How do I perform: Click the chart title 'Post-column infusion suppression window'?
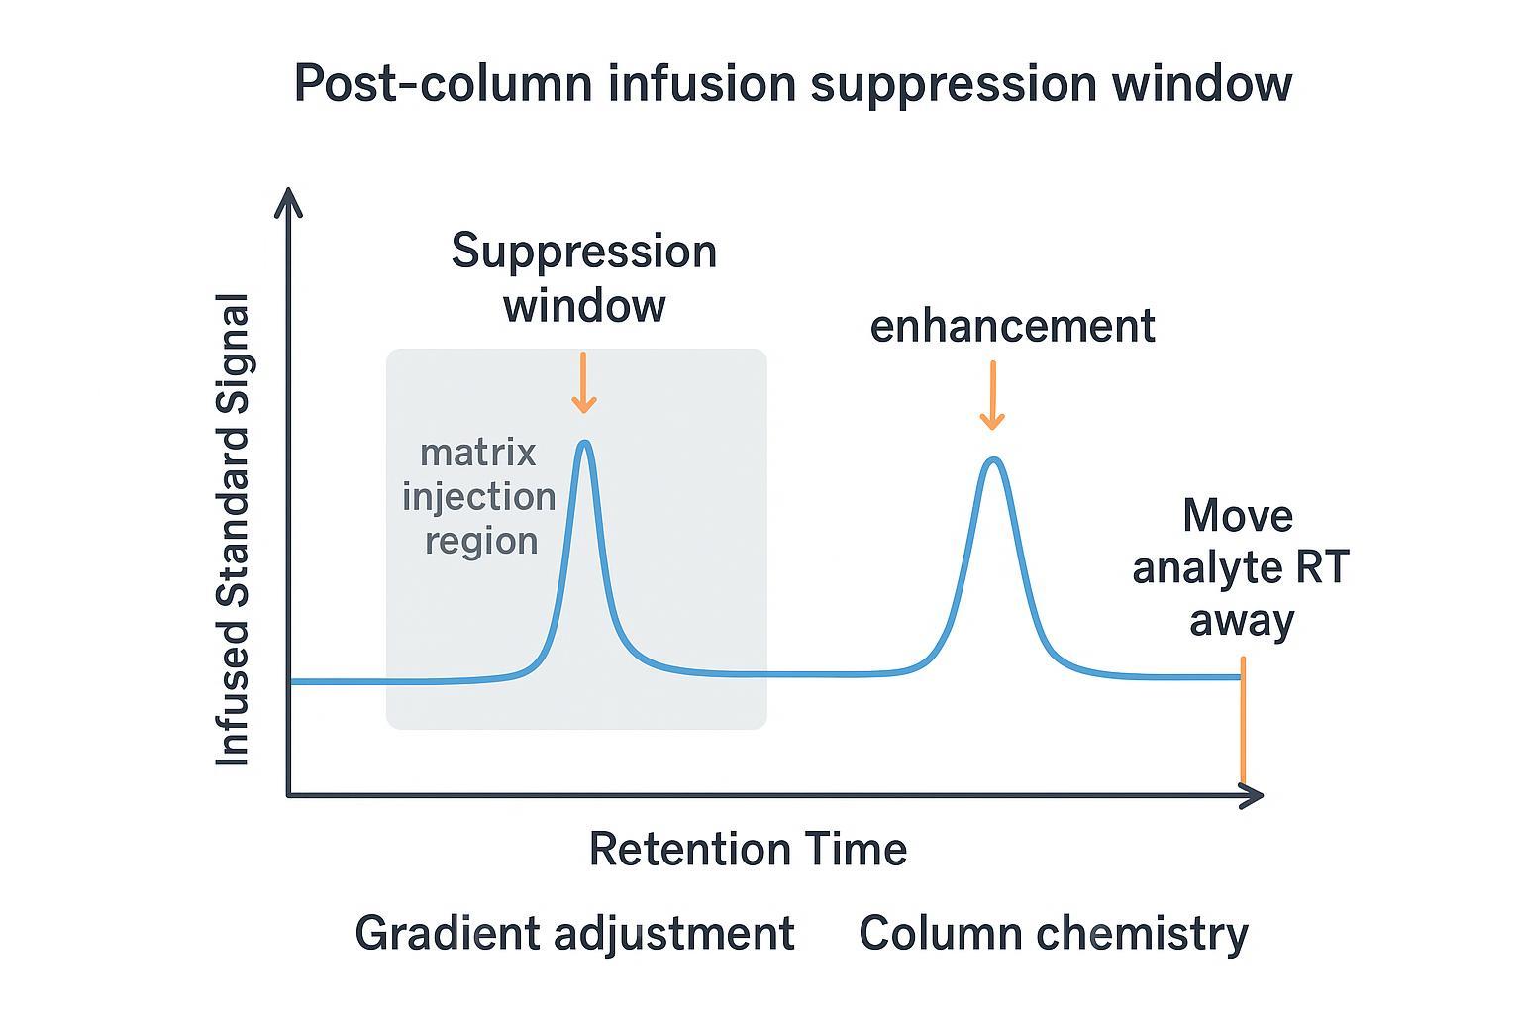point(792,83)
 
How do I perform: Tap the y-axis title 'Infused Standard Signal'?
point(234,530)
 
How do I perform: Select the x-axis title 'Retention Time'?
point(748,850)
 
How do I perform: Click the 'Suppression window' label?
point(584,278)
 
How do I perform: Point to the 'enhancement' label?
point(1012,326)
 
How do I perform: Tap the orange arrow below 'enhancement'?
point(992,396)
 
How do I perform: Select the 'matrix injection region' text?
point(479,497)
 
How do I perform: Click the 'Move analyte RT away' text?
point(1240,568)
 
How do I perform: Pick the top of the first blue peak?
point(585,443)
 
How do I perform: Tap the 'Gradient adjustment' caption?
point(574,934)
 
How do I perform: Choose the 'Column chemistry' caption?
point(1054,934)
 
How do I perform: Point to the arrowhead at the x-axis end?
point(1255,795)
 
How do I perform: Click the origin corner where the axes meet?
point(288,794)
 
